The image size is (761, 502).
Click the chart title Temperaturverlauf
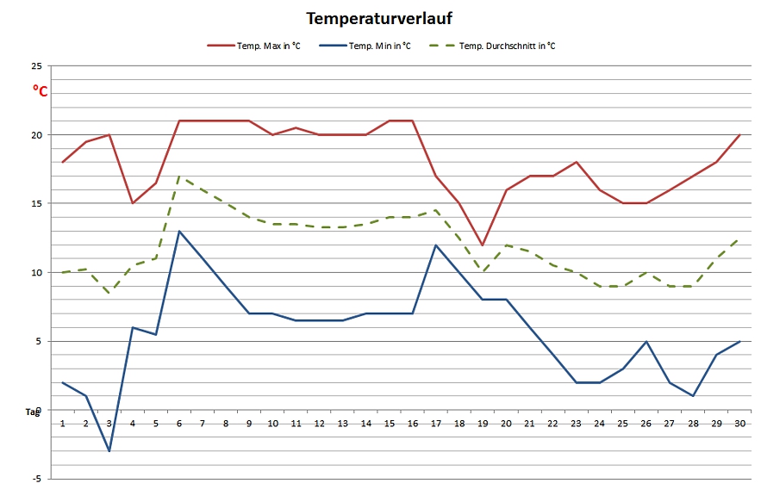click(x=380, y=18)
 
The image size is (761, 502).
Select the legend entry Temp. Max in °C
click(x=268, y=46)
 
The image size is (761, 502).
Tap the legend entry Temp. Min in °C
click(x=379, y=46)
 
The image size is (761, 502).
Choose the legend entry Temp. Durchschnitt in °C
click(x=507, y=46)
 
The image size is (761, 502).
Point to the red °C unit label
click(x=41, y=90)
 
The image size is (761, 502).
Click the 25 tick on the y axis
click(x=36, y=66)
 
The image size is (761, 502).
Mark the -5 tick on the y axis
click(x=36, y=479)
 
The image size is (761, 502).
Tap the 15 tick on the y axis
click(x=36, y=204)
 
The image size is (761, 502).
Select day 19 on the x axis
click(x=483, y=424)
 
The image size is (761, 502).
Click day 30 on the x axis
click(x=739, y=424)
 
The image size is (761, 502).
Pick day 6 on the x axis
click(x=179, y=424)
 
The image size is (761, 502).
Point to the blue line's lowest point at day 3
click(x=109, y=450)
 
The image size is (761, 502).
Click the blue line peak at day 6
click(x=179, y=231)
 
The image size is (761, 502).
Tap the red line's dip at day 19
click(x=483, y=245)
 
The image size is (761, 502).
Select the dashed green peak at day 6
click(x=179, y=177)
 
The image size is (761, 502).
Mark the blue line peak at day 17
click(x=436, y=245)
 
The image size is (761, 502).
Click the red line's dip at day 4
click(x=133, y=203)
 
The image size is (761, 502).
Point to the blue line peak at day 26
click(x=646, y=341)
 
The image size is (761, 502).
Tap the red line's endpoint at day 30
click(x=739, y=135)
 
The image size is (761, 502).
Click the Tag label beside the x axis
click(x=33, y=412)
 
